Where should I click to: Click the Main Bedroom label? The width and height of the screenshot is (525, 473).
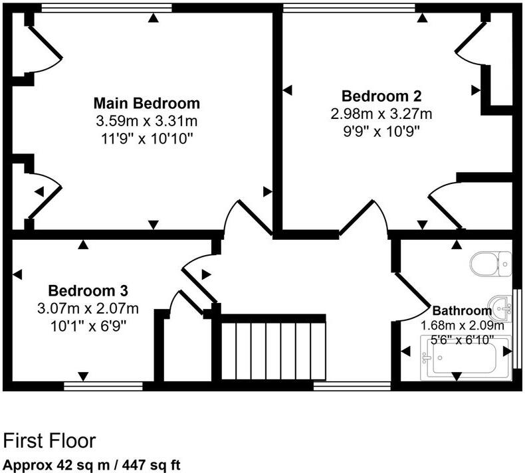[146, 104]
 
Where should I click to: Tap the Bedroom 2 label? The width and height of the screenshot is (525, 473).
[381, 96]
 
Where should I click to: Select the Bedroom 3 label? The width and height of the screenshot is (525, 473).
[88, 291]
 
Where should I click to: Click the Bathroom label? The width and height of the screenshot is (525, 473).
[462, 310]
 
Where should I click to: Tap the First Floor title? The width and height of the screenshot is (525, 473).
[50, 440]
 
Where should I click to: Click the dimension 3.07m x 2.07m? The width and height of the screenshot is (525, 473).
[88, 308]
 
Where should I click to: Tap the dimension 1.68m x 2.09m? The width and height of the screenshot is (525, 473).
[463, 326]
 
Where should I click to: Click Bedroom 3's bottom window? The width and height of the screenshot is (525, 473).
[104, 385]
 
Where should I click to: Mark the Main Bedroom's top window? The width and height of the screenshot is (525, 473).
[106, 8]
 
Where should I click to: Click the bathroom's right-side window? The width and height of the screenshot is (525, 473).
[517, 327]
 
